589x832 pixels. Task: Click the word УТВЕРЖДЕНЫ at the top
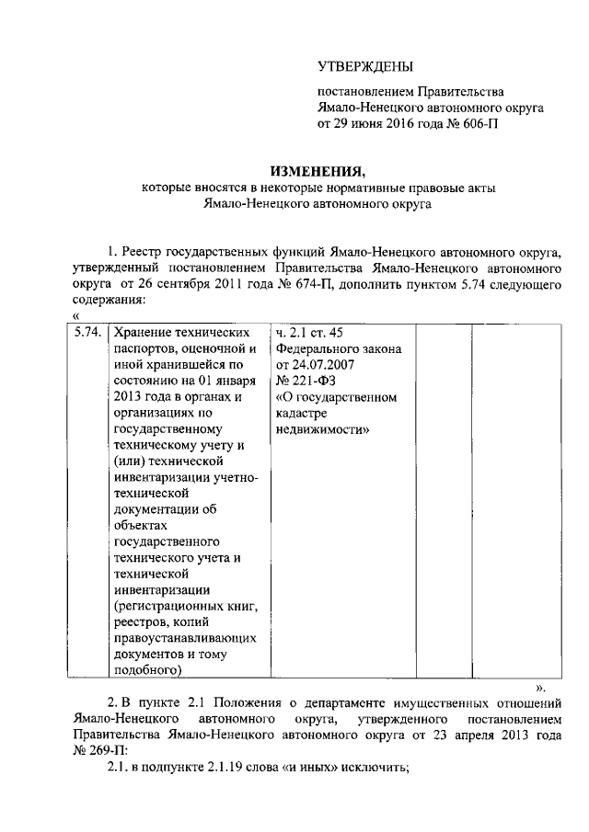365,66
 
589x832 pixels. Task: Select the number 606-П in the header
477,122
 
